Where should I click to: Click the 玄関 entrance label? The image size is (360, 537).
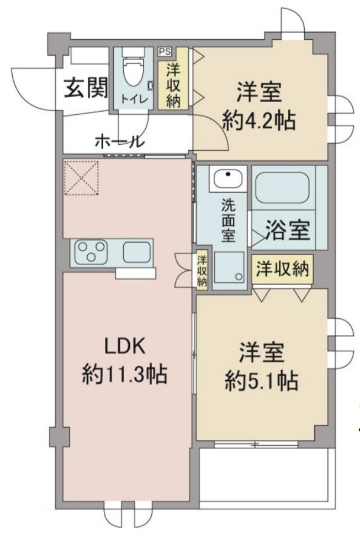click(x=86, y=88)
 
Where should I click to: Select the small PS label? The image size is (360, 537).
click(x=165, y=52)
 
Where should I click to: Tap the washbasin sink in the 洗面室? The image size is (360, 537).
click(x=228, y=178)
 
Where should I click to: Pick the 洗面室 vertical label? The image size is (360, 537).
click(x=228, y=220)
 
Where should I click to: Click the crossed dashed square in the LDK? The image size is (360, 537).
click(x=81, y=178)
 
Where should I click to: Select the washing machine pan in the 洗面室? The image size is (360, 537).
click(x=230, y=270)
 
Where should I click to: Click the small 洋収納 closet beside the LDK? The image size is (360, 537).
click(x=202, y=270)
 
